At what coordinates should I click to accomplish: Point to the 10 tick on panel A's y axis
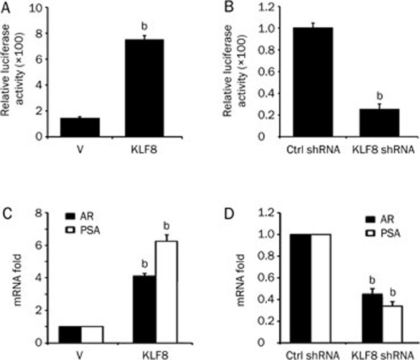point(43,8)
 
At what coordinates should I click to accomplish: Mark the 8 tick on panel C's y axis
point(45,213)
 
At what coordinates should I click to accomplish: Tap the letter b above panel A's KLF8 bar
point(143,26)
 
